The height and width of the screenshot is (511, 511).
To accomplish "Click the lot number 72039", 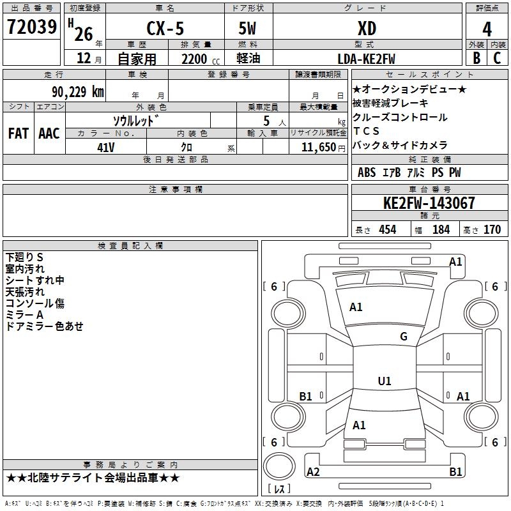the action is click(32, 27).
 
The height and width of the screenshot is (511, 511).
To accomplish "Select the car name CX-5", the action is click(165, 28).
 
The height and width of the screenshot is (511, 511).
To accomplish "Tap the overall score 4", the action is click(487, 29).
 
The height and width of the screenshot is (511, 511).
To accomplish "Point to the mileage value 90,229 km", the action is click(78, 92).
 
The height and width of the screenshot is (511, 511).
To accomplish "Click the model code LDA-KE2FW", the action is click(366, 59).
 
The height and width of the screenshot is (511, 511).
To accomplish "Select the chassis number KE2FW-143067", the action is click(429, 203).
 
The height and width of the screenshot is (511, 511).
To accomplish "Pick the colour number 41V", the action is click(106, 148).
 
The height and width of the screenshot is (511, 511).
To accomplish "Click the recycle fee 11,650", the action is click(319, 148).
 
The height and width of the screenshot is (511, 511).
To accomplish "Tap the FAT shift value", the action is click(19, 133).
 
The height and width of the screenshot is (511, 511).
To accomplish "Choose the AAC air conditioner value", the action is click(49, 133).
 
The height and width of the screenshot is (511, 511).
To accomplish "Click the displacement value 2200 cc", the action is click(201, 59).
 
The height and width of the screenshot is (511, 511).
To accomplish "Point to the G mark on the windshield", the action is click(404, 337).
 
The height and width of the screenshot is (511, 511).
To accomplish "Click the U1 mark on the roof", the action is click(385, 381).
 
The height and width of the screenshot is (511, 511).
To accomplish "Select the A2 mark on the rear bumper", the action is click(313, 471).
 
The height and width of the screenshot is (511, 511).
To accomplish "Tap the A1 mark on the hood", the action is click(356, 307).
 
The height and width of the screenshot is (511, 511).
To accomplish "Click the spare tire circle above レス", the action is click(279, 466).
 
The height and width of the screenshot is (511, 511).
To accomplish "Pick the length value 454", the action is click(388, 230).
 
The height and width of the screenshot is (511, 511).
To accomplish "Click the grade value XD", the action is click(367, 29).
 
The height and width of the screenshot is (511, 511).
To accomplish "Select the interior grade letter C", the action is click(497, 58).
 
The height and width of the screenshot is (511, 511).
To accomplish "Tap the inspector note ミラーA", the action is click(24, 315).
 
